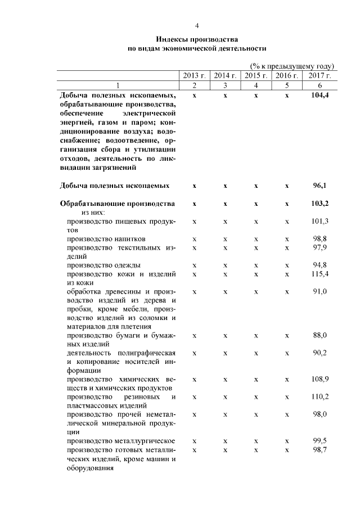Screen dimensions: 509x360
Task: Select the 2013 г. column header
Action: [x=194, y=75]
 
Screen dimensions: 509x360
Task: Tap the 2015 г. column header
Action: [x=256, y=75]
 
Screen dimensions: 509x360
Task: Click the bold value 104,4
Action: [x=319, y=96]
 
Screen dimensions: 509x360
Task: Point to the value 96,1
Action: [x=320, y=185]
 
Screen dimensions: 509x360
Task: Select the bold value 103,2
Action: [x=319, y=203]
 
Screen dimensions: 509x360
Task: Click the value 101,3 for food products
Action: [x=319, y=222]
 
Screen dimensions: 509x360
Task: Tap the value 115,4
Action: [x=319, y=273]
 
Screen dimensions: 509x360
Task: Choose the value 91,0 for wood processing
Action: [x=320, y=291]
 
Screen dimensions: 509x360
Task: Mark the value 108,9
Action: [x=319, y=380]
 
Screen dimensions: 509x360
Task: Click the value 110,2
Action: [x=319, y=397]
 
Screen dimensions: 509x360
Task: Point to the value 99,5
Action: [x=320, y=441]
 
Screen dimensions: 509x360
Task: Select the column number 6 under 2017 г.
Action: [x=319, y=85]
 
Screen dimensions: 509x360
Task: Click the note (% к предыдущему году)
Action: [x=292, y=66]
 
